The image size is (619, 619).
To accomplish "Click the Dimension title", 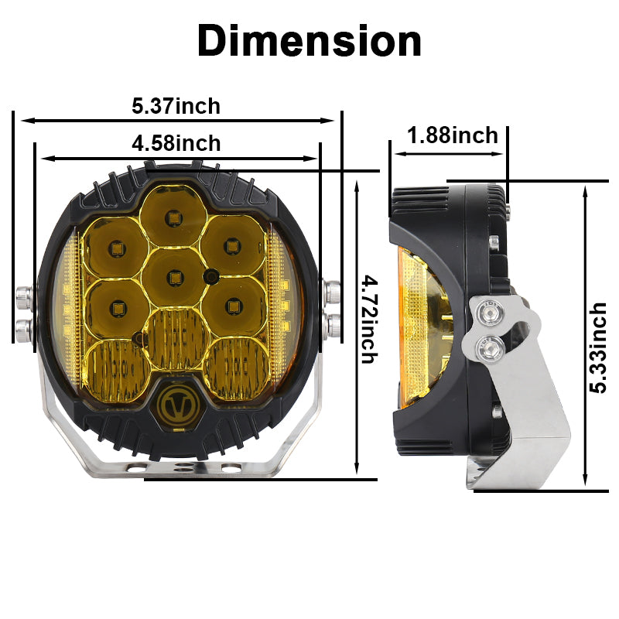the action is pos(309,41).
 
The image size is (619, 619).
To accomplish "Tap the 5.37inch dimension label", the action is pos(176,106).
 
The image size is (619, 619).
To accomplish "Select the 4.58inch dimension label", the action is pos(176,143).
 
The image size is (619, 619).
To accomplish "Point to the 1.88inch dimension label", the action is pos(453,135).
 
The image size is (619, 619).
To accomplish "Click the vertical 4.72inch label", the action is pos(370,320).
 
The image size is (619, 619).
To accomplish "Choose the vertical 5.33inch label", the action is pos(597,348).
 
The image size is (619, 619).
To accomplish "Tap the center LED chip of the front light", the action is pos(174,278).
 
